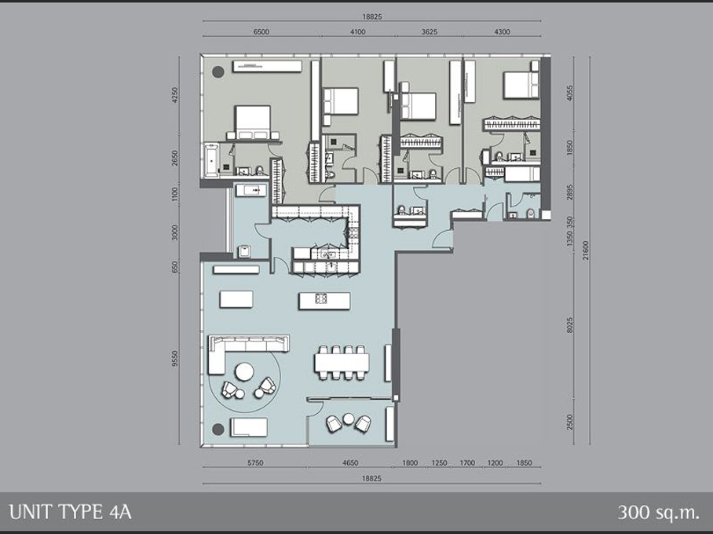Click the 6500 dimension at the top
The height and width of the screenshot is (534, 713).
261,32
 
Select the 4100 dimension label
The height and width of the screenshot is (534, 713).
358,32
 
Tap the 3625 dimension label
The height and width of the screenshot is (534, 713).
430,32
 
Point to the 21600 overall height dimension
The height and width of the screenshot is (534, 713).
586,251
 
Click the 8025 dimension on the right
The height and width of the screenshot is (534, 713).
570,325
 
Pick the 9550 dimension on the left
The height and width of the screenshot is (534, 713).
176,359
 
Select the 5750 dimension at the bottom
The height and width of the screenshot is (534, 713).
255,463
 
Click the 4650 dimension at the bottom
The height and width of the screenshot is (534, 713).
349,463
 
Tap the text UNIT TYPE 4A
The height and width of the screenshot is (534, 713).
70,513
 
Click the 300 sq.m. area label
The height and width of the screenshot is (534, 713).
658,513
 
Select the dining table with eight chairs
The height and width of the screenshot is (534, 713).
342,363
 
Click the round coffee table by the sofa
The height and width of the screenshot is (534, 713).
245,371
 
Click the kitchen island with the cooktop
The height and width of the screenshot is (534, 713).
324,301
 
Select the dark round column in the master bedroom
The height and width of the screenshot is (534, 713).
218,71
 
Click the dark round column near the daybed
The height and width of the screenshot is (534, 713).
218,429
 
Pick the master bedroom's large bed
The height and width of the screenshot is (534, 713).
253,122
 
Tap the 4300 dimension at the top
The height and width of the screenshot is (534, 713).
502,32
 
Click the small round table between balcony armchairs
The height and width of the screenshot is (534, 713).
349,419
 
